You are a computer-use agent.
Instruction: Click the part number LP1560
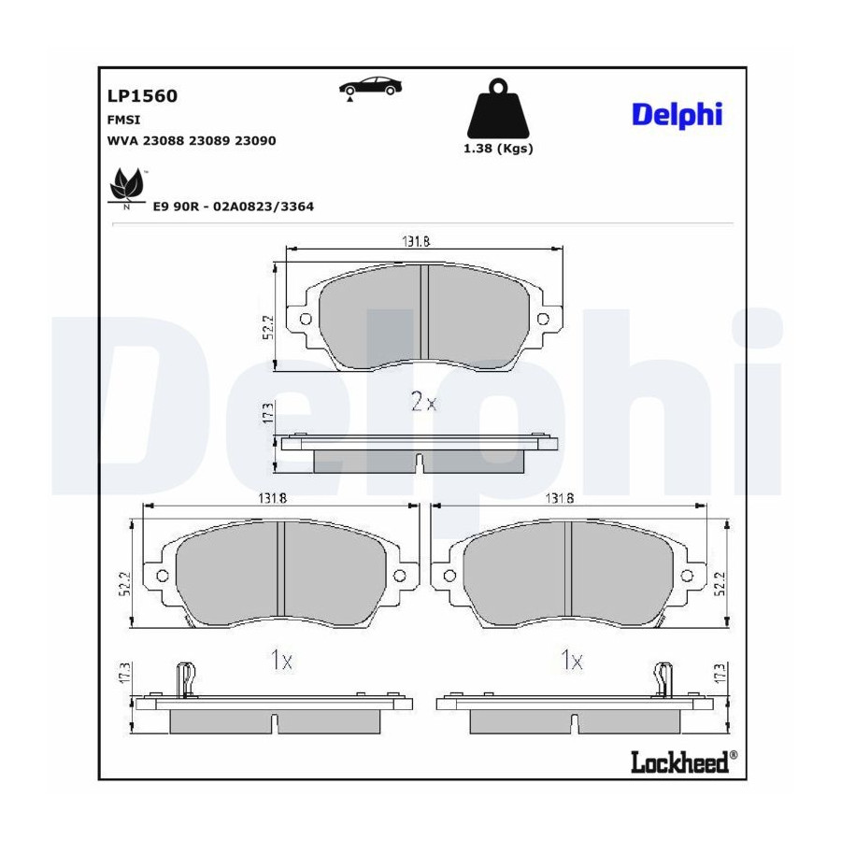tap(142, 95)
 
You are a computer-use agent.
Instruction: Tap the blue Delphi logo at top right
tap(677, 115)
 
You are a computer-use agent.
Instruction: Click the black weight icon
tap(498, 109)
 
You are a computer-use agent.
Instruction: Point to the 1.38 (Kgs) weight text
tap(498, 149)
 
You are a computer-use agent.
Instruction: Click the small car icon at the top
tap(370, 88)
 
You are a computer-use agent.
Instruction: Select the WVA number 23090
tap(255, 141)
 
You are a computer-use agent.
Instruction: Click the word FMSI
tap(123, 120)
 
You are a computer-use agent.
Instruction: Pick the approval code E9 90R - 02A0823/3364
tap(234, 207)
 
